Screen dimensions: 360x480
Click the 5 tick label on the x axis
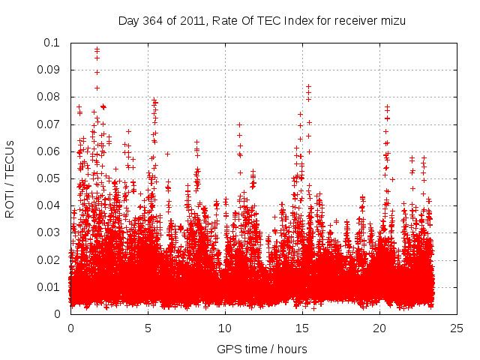coord(148,328)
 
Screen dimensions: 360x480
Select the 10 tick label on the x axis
coord(225,328)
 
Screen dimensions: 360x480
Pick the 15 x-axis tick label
coord(302,328)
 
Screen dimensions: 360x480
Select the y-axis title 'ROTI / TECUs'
coord(10,178)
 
